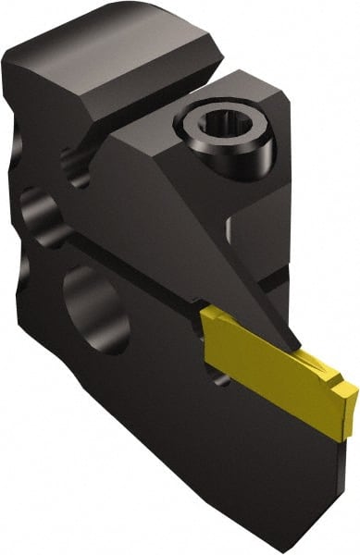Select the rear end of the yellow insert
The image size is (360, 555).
tap(205, 324)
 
